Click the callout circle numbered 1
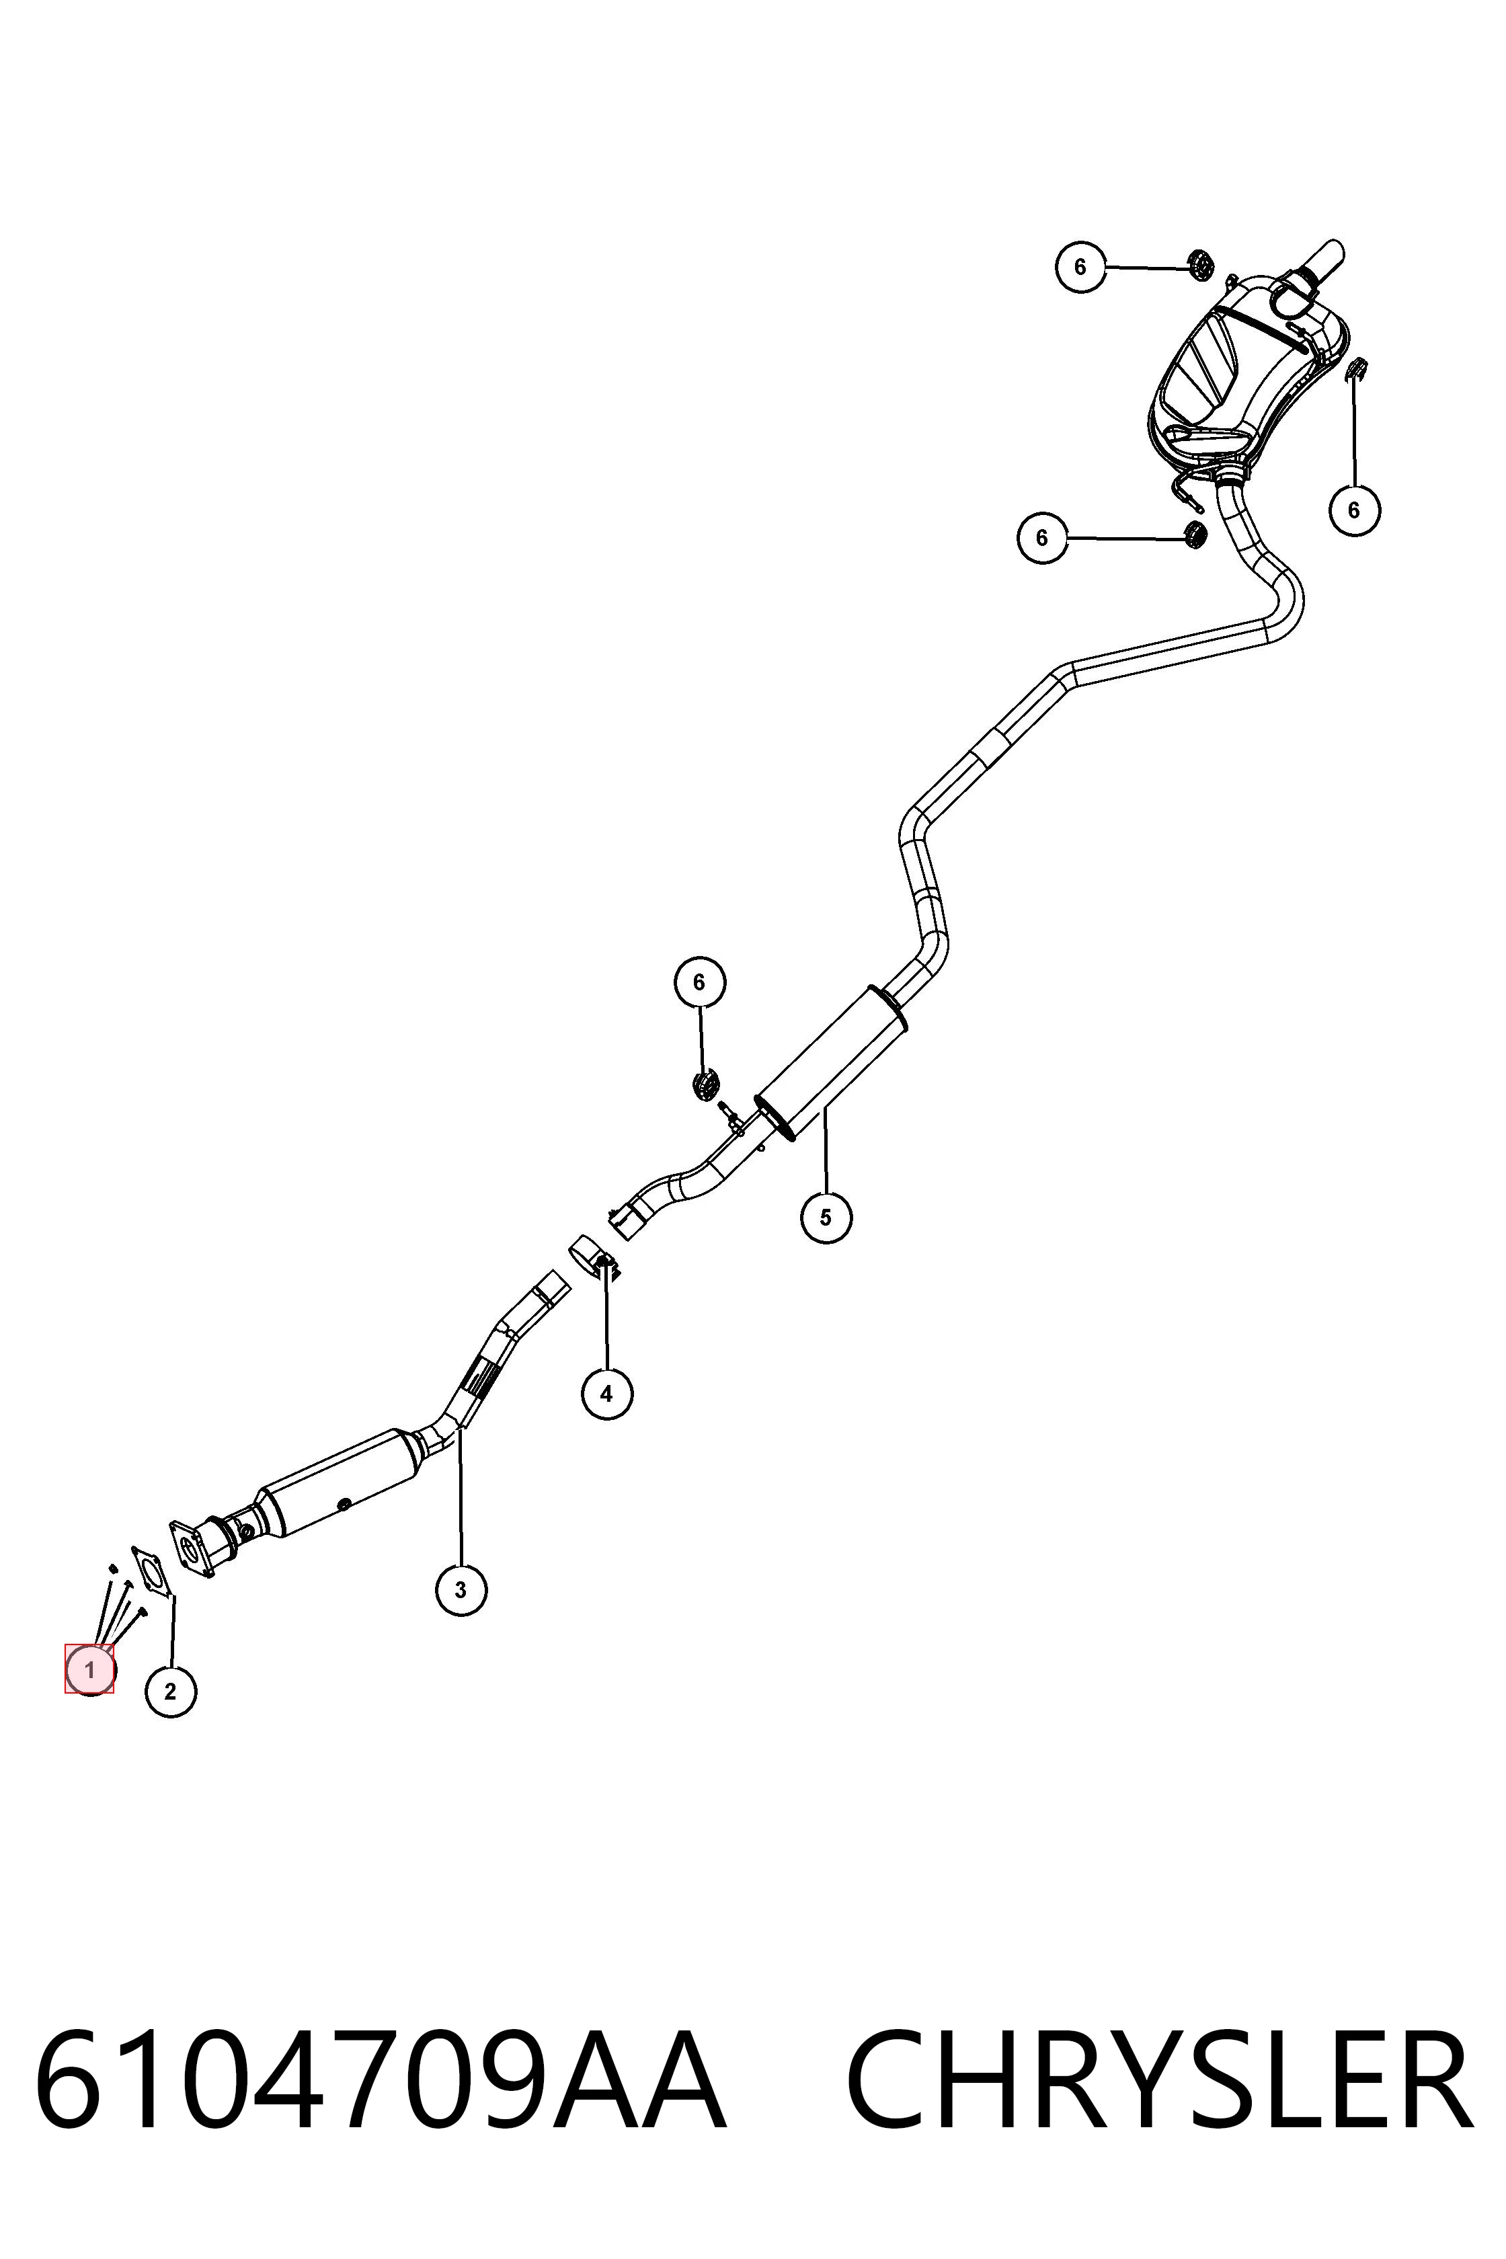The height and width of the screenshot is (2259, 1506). click(89, 1669)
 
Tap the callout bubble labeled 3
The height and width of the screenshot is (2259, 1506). click(461, 1589)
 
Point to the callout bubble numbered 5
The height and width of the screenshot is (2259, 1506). click(826, 1217)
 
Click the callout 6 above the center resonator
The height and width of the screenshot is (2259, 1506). click(699, 982)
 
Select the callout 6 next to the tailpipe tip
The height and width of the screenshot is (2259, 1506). click(1080, 266)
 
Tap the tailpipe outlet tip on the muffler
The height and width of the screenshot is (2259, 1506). click(1320, 262)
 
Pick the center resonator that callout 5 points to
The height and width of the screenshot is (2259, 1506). click(832, 1062)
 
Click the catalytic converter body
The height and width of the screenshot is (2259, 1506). click(341, 1484)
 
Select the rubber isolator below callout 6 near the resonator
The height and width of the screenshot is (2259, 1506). click(706, 1084)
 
